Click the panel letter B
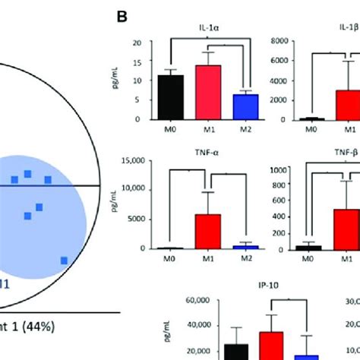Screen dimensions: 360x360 point(121,15)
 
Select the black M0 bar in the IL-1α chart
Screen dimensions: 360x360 point(166,97)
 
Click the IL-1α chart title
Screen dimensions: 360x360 point(206,32)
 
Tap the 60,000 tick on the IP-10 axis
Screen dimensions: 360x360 point(167,301)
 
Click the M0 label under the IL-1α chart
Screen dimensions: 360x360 point(166,130)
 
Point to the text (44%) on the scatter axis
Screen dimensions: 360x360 point(77,327)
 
